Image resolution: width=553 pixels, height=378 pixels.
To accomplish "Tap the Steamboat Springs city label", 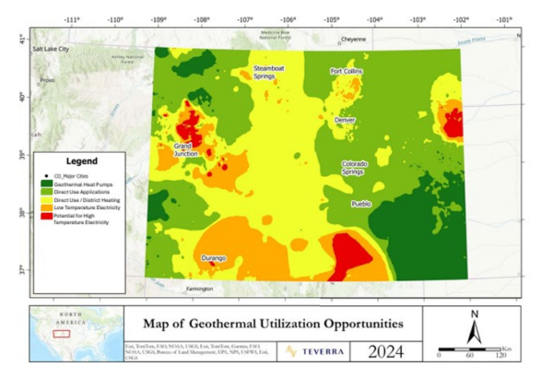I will click(x=270, y=73).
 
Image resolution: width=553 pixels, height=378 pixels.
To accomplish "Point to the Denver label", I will click(x=346, y=121).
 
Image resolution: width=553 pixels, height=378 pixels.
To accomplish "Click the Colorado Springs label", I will click(x=355, y=168).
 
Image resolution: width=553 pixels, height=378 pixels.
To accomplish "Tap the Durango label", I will click(x=214, y=259).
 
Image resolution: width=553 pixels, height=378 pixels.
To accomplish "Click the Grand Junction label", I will click(x=185, y=149).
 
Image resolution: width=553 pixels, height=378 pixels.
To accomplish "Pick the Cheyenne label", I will click(x=353, y=40).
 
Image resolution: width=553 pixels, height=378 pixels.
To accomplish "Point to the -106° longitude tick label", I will click(x=288, y=18).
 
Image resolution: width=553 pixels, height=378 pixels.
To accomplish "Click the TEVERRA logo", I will click(x=313, y=350).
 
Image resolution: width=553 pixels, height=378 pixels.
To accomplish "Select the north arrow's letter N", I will click(x=473, y=313).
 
